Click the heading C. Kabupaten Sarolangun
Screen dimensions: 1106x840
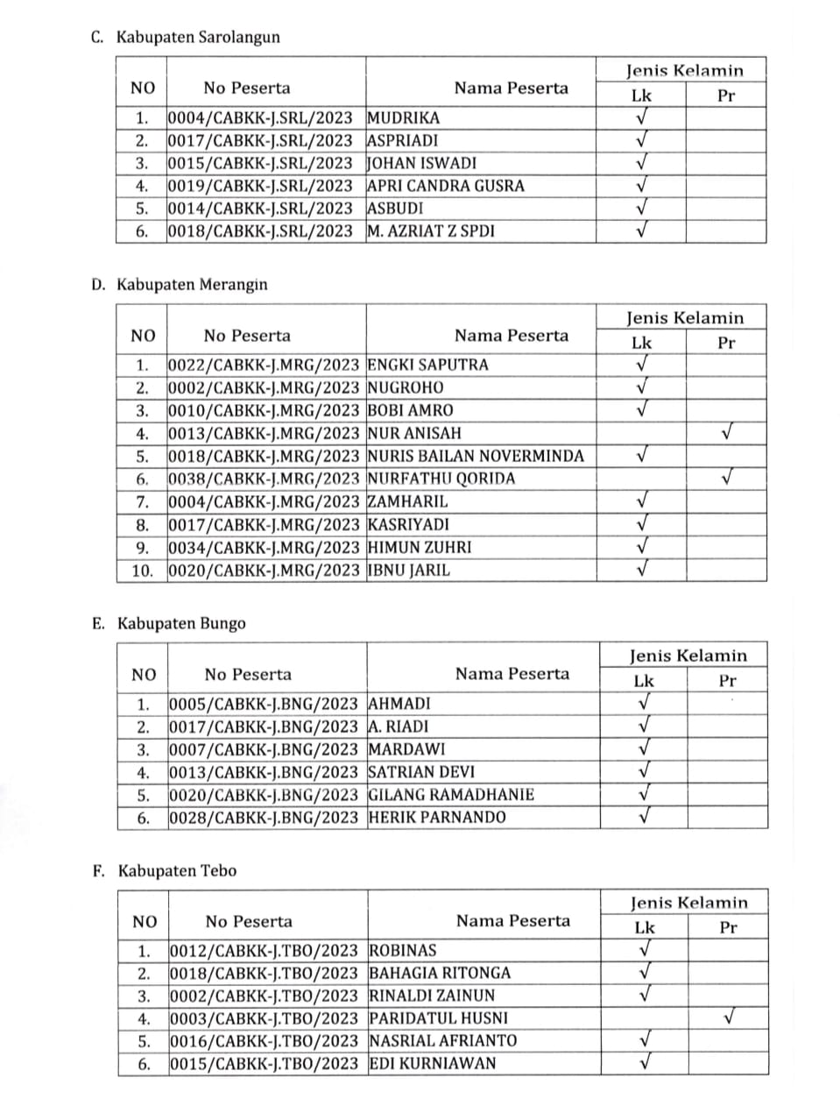coord(186,38)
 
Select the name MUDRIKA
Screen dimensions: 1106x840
coord(404,117)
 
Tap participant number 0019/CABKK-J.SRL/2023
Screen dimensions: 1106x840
coord(260,186)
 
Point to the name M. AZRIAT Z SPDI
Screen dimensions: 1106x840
coord(431,231)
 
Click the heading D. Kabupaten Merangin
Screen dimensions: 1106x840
coord(180,285)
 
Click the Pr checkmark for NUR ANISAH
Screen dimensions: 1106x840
coord(726,432)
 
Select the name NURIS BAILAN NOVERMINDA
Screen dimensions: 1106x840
coord(476,456)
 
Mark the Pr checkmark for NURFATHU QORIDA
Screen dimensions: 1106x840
coord(726,478)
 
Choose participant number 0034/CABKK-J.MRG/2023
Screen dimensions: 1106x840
coord(264,547)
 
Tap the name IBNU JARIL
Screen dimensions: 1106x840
coord(409,570)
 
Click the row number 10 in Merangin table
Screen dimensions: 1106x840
coord(142,570)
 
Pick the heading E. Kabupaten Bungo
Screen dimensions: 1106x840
coord(169,624)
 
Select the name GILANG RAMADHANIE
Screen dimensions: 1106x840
coord(451,795)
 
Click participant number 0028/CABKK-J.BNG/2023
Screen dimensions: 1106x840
coord(264,818)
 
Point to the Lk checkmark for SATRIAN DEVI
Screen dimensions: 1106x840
coord(645,771)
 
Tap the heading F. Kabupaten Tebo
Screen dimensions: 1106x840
coord(165,871)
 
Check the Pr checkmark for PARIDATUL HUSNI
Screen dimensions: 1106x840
coord(728,1017)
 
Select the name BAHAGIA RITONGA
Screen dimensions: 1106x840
coord(440,973)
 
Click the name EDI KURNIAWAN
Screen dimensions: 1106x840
coord(433,1063)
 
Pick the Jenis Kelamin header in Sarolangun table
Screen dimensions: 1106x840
coord(684,71)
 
